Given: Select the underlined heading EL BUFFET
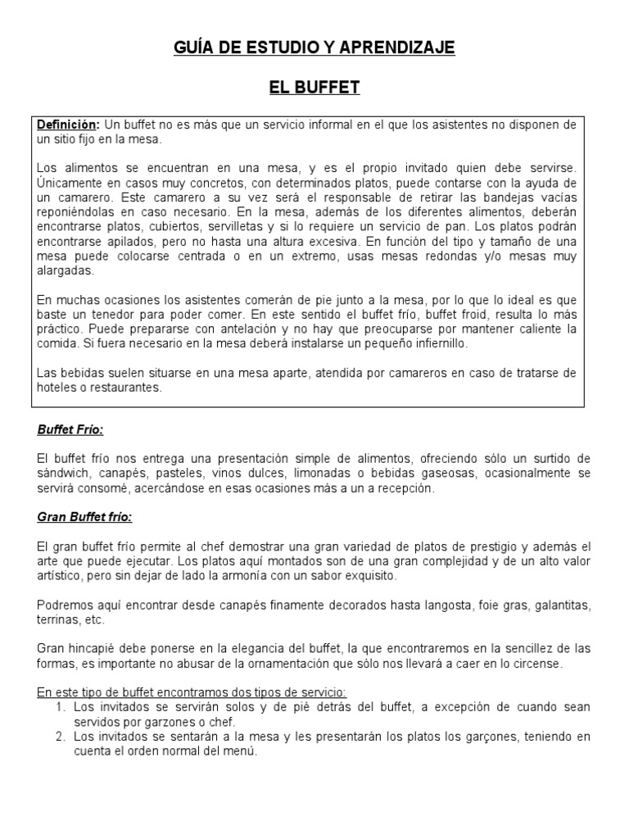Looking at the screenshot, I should point(314,88).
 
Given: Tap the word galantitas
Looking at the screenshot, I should point(559,605).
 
